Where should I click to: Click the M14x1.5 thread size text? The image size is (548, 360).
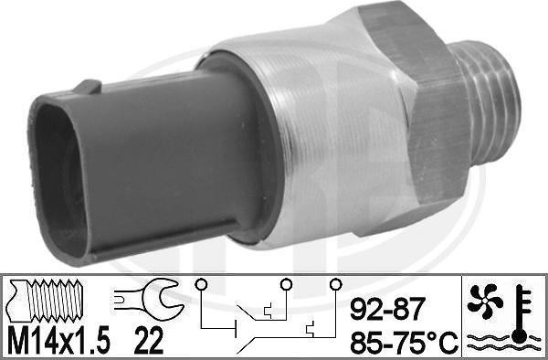coord(58,340)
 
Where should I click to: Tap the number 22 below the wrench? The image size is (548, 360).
coord(149,340)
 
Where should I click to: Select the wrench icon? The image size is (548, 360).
coord(149,299)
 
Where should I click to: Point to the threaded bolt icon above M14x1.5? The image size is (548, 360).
coord(46,301)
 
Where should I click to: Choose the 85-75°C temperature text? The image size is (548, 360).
coord(404,342)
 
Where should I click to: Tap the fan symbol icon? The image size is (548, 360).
coord(485,301)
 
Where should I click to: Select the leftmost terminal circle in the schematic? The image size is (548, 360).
coord(201,284)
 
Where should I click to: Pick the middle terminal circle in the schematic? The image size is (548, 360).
coord(286,284)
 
